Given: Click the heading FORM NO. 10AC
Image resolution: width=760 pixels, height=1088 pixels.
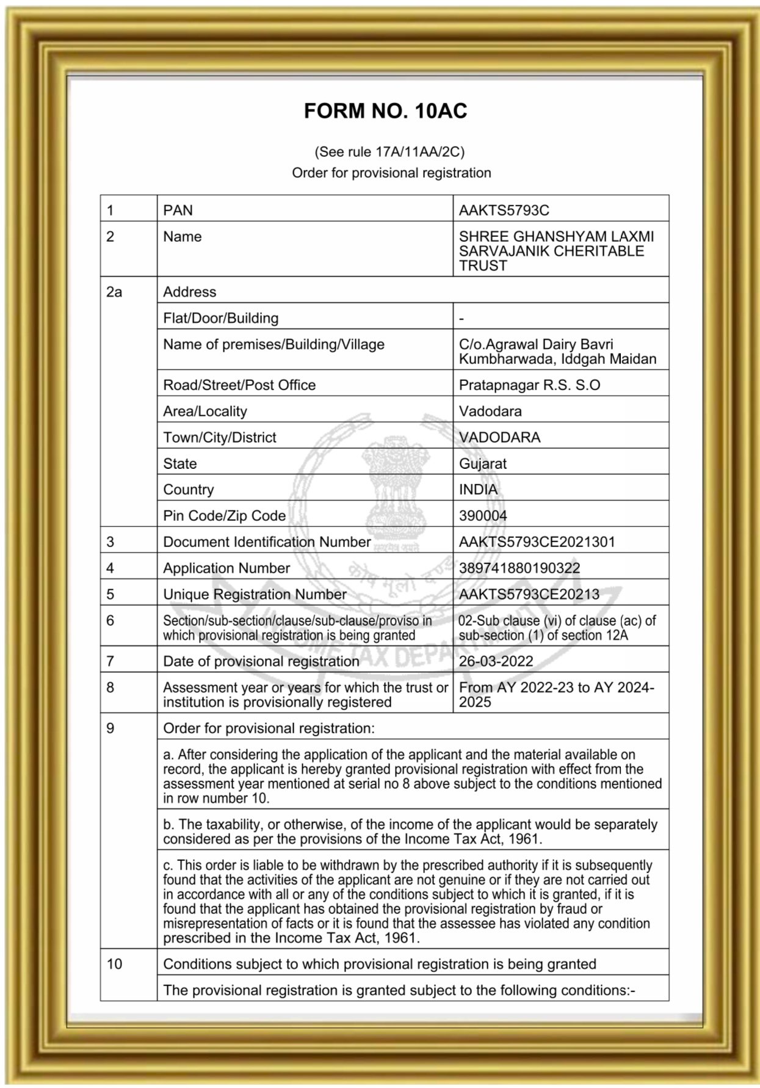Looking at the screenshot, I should click(385, 111).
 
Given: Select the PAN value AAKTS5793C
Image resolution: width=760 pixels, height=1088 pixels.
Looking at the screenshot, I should click(504, 211).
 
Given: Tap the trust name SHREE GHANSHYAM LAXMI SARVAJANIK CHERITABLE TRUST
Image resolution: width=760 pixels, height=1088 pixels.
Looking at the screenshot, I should click(556, 251).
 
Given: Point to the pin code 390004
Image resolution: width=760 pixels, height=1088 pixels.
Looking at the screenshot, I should click(483, 516).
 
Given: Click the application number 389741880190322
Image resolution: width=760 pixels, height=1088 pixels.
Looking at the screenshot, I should click(519, 568).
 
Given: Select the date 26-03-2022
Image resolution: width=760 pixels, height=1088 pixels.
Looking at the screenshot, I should click(496, 661).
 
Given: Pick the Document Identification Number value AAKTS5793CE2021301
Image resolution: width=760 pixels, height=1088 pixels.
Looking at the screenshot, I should click(537, 542).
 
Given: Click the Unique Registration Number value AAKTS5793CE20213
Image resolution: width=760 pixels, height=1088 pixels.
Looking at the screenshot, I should click(529, 594).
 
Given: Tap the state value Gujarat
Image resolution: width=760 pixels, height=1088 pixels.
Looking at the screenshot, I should click(482, 463).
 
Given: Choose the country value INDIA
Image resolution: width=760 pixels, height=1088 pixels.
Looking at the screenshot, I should click(478, 490).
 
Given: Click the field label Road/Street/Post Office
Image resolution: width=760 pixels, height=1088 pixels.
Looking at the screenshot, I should click(239, 385).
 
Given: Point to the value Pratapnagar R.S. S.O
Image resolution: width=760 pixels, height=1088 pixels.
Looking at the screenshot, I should click(529, 385).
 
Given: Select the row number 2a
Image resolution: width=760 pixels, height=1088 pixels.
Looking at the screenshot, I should click(114, 292).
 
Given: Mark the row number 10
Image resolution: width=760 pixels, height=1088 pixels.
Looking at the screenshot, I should click(114, 964).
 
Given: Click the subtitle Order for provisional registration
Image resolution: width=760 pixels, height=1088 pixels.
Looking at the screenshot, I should click(391, 173).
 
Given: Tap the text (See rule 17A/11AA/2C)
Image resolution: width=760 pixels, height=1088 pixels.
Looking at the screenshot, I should click(389, 151).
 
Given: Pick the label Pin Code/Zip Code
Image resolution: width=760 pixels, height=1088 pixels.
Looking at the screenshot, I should click(224, 516).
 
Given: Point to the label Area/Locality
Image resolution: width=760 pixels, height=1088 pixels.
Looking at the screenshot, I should click(204, 412).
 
